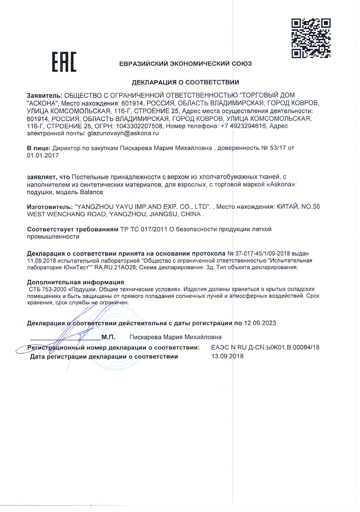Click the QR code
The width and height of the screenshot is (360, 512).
click(x=310, y=38)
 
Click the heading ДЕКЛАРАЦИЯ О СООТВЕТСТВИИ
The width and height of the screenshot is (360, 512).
click(x=186, y=82)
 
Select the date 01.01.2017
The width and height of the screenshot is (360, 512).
click(x=42, y=156)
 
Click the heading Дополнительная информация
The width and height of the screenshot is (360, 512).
click(x=75, y=282)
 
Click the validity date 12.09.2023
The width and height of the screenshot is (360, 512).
click(x=260, y=322)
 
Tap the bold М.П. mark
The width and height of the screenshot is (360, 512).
click(x=108, y=337)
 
